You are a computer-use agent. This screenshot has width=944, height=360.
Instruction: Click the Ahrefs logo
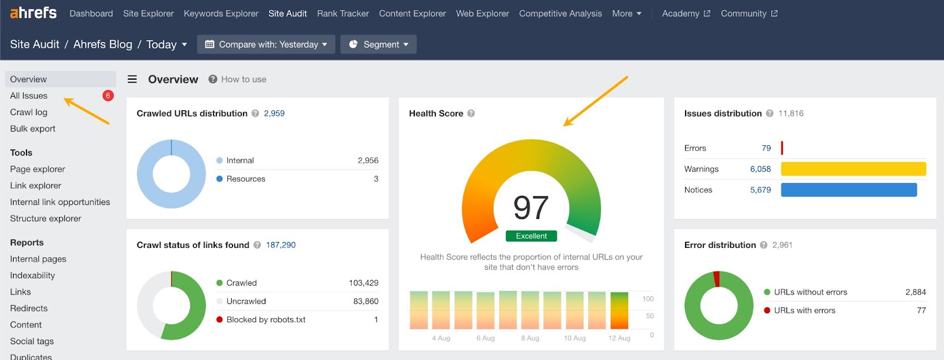(x=33, y=12)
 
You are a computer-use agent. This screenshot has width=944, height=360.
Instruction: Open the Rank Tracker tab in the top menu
(x=343, y=14)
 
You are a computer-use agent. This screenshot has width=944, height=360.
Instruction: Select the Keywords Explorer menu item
(x=221, y=14)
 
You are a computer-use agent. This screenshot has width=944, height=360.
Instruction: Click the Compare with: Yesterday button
(x=266, y=44)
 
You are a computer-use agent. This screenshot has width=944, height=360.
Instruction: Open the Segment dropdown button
(x=378, y=44)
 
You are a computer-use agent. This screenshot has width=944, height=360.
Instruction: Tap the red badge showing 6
(x=108, y=96)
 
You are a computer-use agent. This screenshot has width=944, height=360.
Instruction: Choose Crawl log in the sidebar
(x=28, y=112)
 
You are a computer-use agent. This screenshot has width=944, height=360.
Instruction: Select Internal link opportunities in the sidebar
(x=60, y=202)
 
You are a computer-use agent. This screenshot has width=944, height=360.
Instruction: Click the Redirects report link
(x=28, y=308)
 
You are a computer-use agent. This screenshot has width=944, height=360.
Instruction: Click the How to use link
(x=243, y=79)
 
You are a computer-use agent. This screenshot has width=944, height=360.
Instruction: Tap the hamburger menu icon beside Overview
(x=132, y=79)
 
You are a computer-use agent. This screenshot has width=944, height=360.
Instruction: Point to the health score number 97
(x=531, y=208)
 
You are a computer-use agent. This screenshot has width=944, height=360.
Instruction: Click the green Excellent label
(x=531, y=236)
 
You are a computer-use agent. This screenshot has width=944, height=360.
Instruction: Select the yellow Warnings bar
(x=853, y=169)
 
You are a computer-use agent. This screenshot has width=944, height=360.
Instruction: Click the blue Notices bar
(x=848, y=189)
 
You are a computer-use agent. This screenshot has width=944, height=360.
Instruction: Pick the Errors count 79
(x=766, y=148)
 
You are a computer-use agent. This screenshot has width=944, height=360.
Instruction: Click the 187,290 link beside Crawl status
(x=281, y=245)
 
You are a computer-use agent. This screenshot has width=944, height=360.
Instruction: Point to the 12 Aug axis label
(x=619, y=338)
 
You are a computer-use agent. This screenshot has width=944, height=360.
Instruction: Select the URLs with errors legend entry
(x=804, y=310)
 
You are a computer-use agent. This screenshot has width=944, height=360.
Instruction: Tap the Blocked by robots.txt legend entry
(x=265, y=320)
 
